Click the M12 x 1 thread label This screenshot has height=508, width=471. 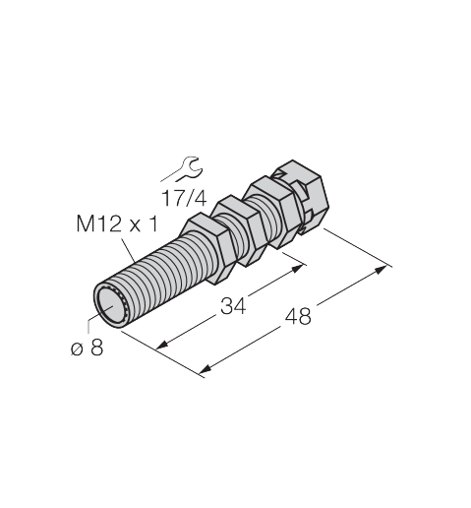coord(117,223)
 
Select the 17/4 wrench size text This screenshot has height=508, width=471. coord(185,198)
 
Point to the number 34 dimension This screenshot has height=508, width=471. coord(233,306)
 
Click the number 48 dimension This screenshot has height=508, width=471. coord(298,317)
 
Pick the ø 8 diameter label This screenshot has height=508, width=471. coord(88,348)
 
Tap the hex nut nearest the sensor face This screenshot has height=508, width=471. coord(207,248)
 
